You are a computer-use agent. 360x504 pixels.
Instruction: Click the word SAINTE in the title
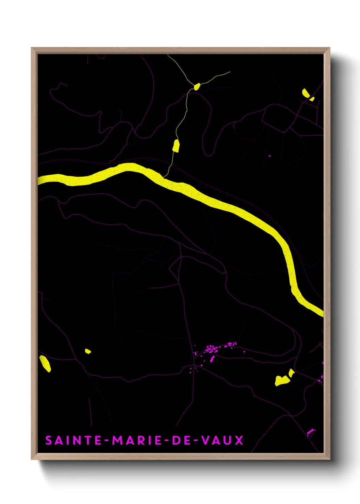click(x=73, y=440)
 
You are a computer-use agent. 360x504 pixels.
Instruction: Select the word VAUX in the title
click(x=223, y=440)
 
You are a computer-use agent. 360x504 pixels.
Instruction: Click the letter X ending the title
click(x=239, y=440)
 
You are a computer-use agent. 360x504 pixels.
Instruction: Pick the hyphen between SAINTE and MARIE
click(x=107, y=441)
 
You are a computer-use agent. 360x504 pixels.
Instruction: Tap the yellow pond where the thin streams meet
click(x=197, y=86)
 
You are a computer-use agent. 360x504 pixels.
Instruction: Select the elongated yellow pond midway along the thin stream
click(x=176, y=146)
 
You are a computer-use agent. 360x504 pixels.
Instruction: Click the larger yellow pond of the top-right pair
click(x=305, y=93)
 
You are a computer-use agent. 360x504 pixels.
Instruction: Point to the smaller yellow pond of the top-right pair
click(x=312, y=99)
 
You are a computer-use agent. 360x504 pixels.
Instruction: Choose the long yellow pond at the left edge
click(x=45, y=363)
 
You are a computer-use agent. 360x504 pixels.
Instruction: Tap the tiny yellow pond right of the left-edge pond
click(x=88, y=351)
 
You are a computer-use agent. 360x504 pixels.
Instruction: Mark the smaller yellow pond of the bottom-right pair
click(x=291, y=373)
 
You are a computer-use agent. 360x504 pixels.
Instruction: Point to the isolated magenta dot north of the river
click(x=269, y=156)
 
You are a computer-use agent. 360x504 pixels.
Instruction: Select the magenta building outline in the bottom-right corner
click(x=311, y=432)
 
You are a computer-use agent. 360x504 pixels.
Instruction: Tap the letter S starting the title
click(x=48, y=440)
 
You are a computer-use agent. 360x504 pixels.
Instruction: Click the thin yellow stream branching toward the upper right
click(x=216, y=77)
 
